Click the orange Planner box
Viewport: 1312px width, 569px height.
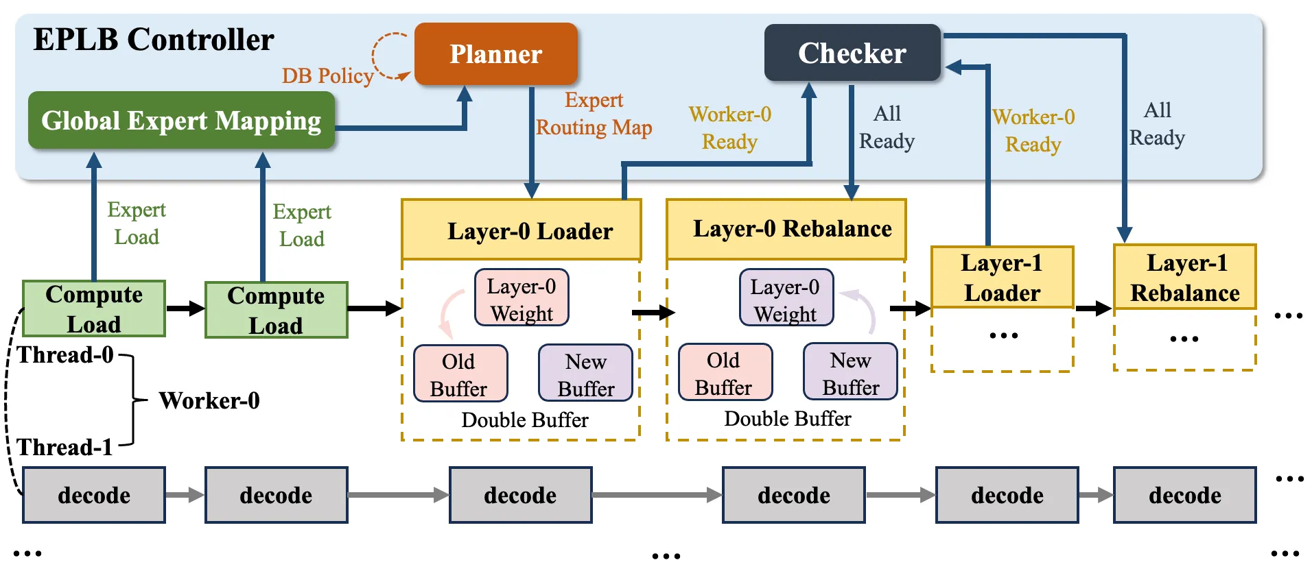496,53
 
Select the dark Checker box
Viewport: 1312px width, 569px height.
852,53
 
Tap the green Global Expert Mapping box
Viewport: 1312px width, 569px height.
181,121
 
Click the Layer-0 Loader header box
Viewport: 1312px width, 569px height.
522,230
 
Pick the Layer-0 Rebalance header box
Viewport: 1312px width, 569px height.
786,229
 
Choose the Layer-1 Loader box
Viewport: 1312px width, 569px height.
1002,277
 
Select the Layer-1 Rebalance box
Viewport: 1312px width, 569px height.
1185,277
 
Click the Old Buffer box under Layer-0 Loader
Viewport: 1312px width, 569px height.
460,374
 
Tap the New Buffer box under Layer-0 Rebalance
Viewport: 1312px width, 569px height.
850,372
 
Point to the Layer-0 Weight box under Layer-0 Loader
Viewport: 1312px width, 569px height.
522,298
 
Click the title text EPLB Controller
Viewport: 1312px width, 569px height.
154,40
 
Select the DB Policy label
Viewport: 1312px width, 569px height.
327,75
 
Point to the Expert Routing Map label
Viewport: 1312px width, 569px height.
594,114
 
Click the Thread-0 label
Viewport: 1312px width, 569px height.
65,354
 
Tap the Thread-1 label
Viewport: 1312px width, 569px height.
65,447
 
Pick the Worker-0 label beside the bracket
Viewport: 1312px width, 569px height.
209,400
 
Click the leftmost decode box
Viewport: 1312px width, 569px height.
94,495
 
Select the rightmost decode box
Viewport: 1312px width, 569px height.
1185,495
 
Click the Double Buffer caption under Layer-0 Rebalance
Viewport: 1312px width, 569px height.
788,418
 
